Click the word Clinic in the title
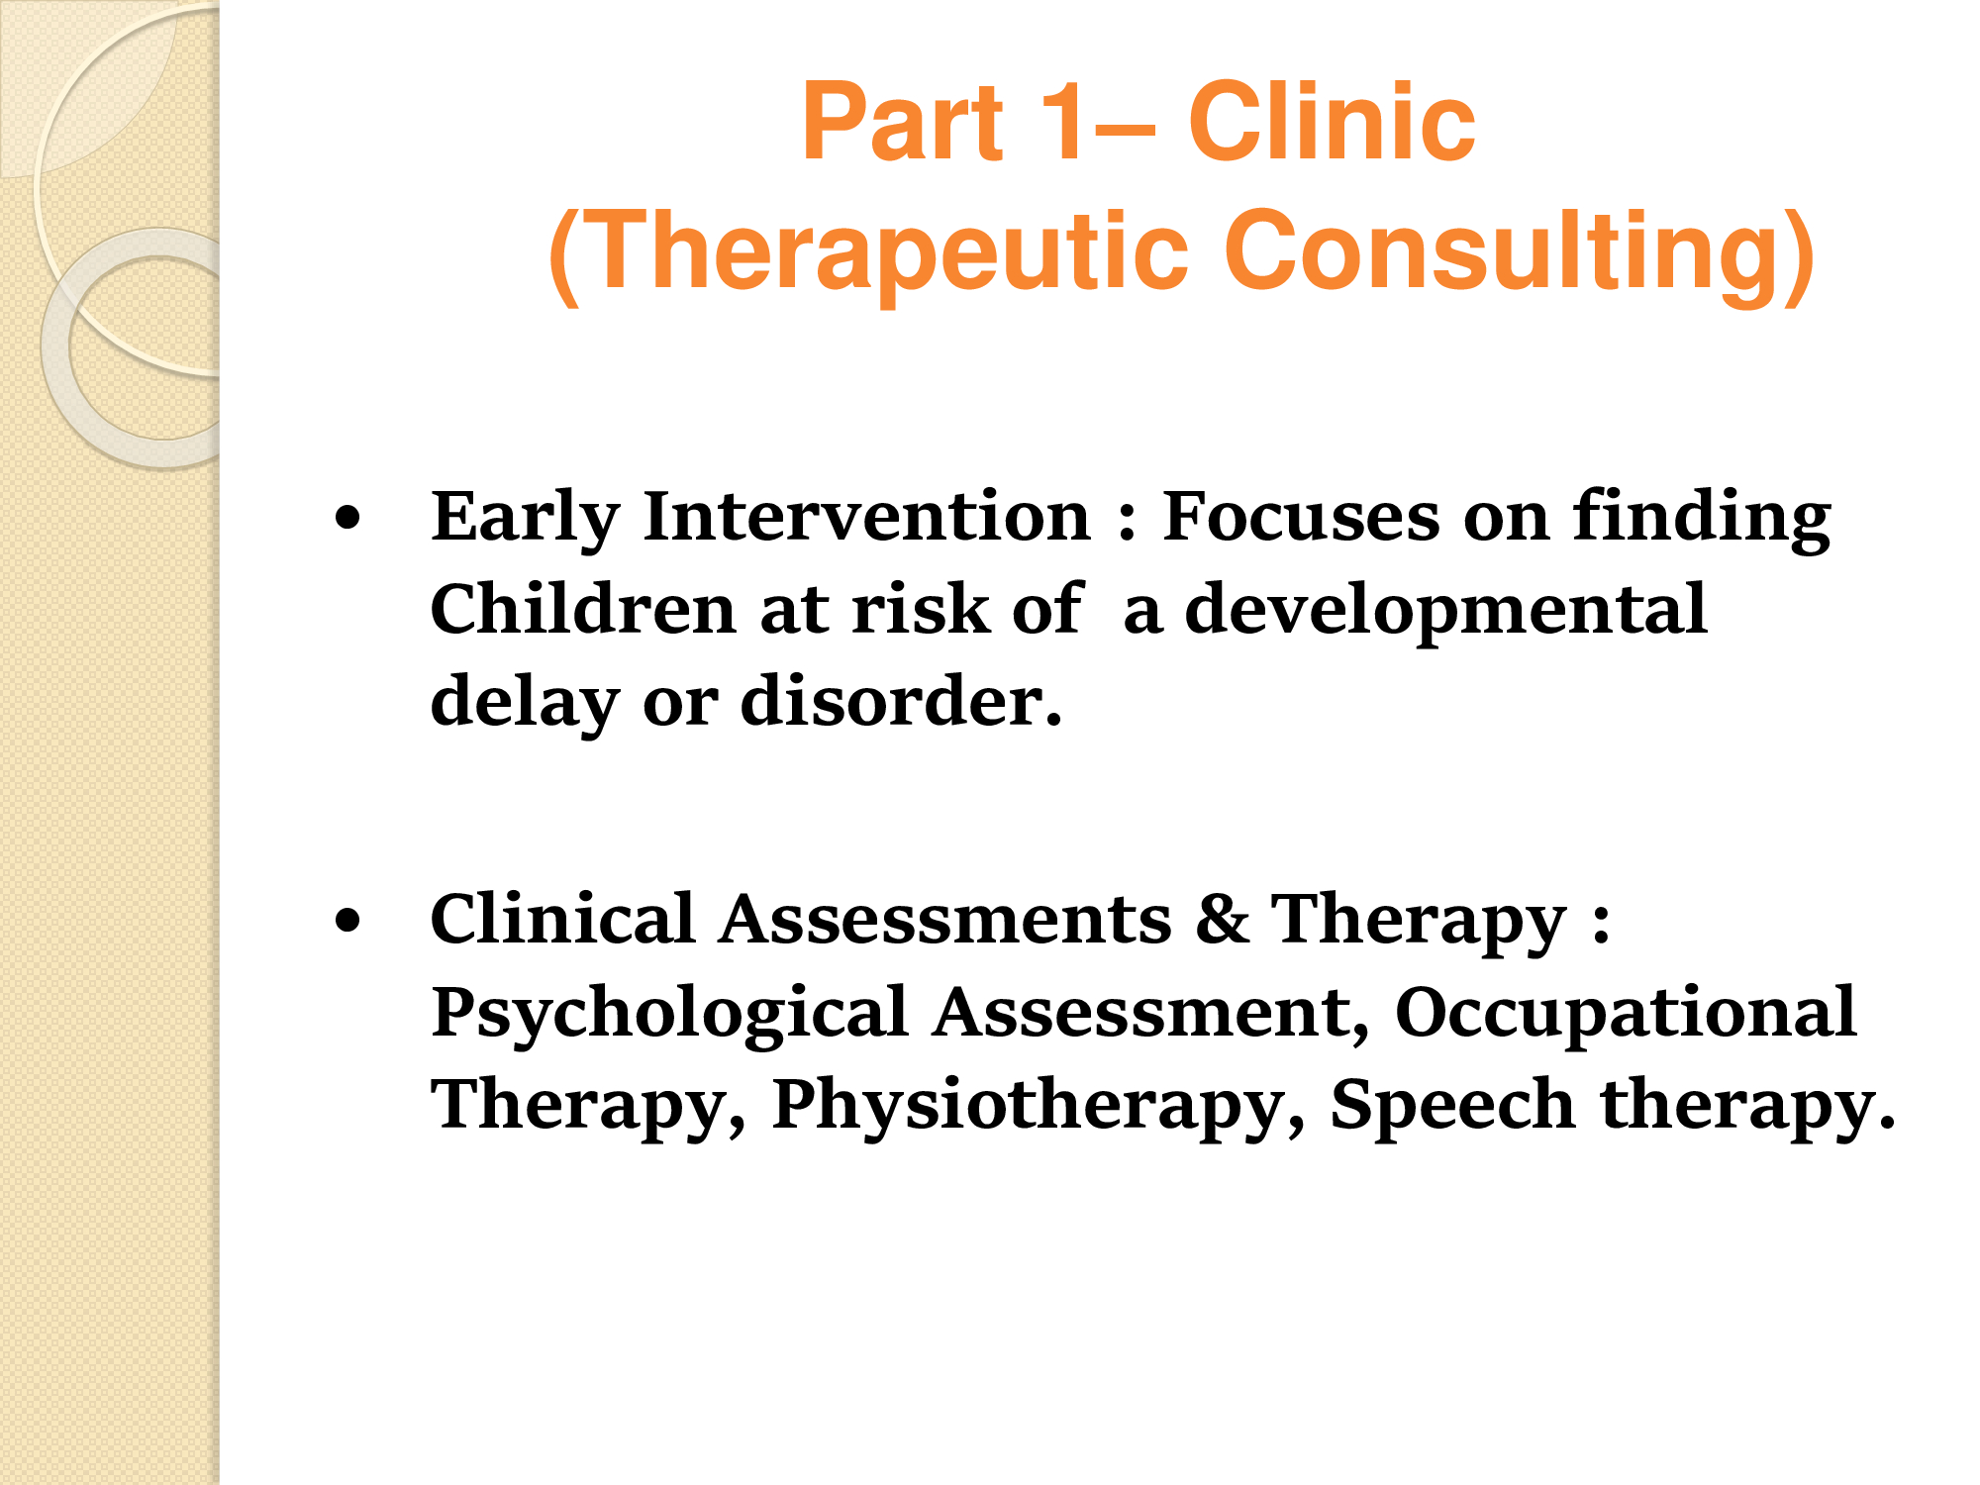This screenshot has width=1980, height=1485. click(x=1332, y=122)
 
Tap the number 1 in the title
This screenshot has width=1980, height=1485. click(x=1064, y=122)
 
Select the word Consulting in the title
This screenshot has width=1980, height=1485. click(x=1520, y=253)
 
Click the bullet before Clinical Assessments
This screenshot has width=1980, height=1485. click(x=347, y=921)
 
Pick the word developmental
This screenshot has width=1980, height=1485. click(x=1446, y=610)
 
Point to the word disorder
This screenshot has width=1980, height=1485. click(x=902, y=700)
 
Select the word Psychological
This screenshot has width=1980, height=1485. click(x=670, y=1015)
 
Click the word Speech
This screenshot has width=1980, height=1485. click(x=1452, y=1106)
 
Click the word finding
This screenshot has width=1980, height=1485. click(x=1702, y=518)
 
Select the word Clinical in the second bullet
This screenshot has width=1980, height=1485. click(x=562, y=918)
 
